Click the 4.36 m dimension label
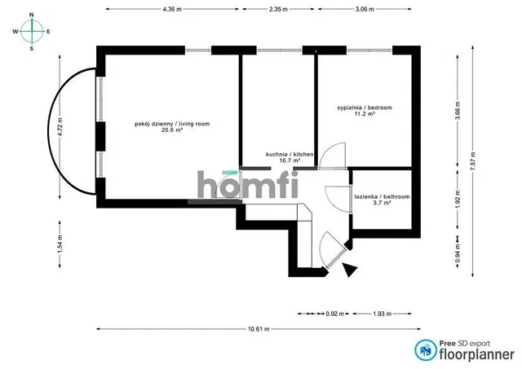coord(172,9)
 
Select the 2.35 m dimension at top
coord(278,9)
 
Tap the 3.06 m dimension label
coord(365,9)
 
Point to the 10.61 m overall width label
coord(259,329)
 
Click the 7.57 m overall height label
coord(473,161)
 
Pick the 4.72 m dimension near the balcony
coord(60,127)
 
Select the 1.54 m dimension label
coord(60,244)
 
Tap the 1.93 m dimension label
coord(383,314)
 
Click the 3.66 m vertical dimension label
coord(458,112)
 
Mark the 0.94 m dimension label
coord(458,252)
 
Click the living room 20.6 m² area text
coord(172,130)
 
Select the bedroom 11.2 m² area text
coord(365,114)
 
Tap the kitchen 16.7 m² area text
coord(290,160)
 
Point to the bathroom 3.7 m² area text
coord(383,203)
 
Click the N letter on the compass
coord(32,15)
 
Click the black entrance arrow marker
coord(350,270)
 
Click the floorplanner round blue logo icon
coord(426,350)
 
